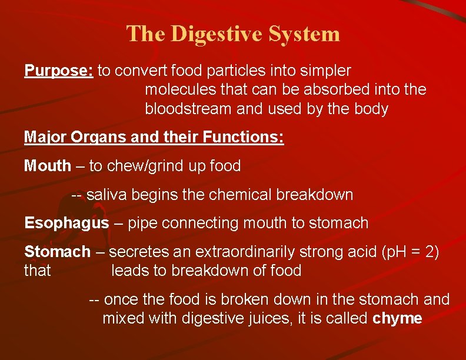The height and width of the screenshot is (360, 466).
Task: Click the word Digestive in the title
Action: (x=216, y=34)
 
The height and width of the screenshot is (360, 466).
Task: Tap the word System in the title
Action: (x=304, y=34)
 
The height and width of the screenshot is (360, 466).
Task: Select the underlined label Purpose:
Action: (x=59, y=71)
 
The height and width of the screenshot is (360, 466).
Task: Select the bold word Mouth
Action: (x=47, y=166)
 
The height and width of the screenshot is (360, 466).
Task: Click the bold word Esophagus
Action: (x=66, y=224)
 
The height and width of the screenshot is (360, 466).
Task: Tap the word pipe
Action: (x=140, y=224)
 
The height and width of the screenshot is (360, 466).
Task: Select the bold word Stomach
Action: (x=57, y=252)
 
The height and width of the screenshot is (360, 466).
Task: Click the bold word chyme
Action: (x=398, y=319)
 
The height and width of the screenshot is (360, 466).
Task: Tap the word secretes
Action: (x=137, y=252)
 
